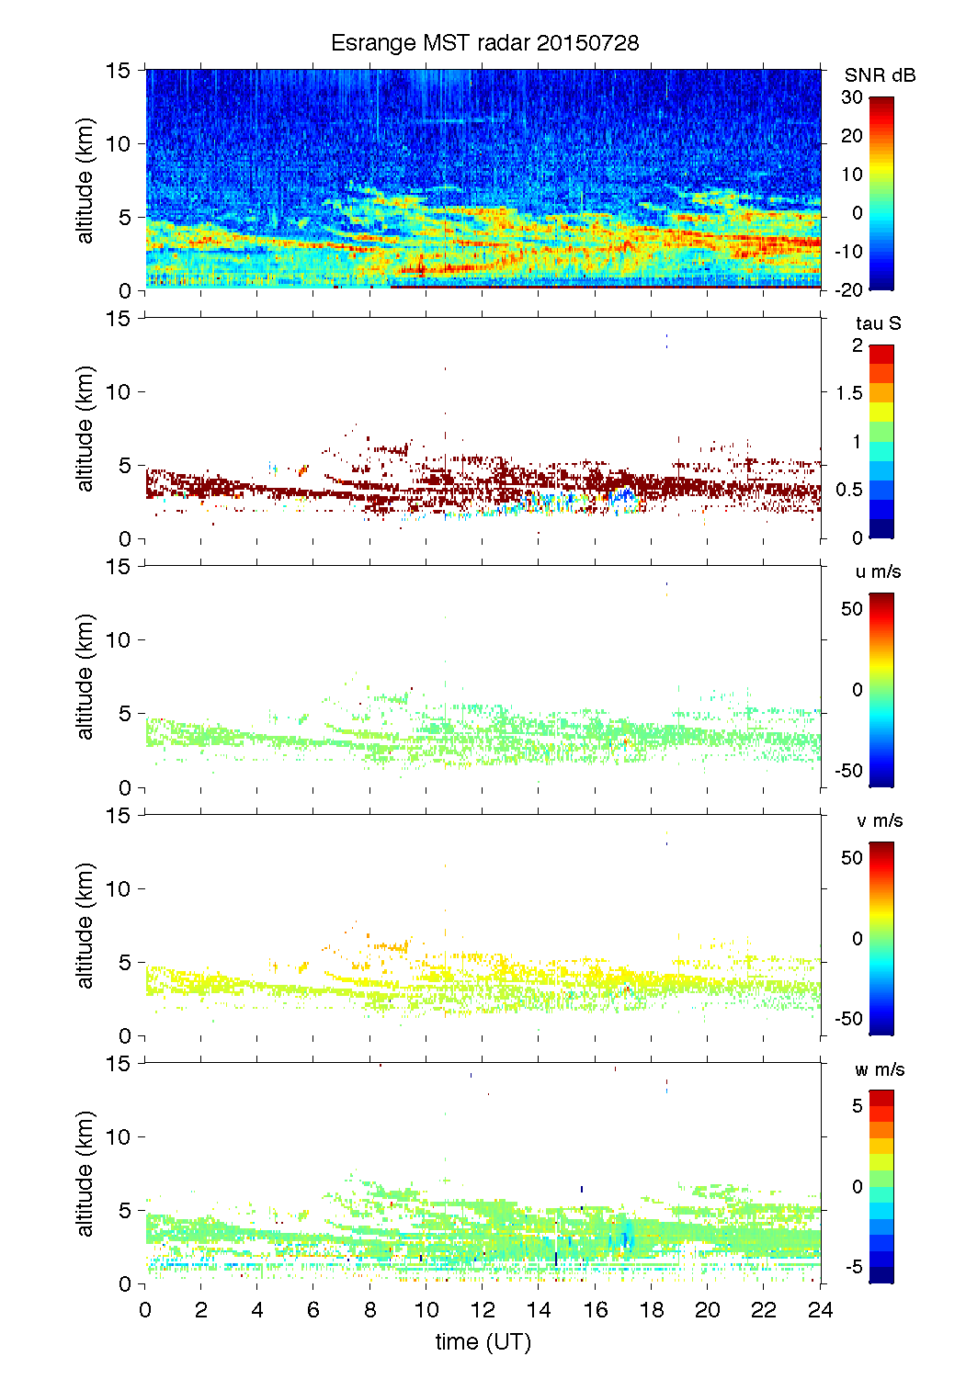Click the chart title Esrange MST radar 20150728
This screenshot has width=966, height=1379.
[484, 43]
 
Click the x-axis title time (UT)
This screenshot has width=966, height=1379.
[483, 1342]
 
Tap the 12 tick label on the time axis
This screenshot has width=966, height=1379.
[483, 1310]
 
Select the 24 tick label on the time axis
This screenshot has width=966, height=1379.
[820, 1310]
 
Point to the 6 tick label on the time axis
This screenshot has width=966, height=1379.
[313, 1310]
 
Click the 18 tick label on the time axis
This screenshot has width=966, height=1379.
[651, 1310]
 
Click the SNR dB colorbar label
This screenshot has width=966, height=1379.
[880, 75]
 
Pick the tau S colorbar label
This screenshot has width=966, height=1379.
[878, 323]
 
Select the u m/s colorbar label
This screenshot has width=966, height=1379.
[878, 571]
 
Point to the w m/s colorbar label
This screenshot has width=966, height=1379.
[880, 1069]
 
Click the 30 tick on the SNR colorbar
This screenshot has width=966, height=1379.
[852, 97]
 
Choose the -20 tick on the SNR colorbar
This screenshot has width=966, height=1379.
[849, 290]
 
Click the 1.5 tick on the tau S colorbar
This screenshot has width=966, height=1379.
[849, 393]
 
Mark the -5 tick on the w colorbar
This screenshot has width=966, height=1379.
[853, 1267]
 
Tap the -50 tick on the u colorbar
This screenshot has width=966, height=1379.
[849, 771]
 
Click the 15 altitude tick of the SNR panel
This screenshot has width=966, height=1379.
[119, 70]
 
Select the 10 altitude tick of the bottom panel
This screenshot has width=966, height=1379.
[119, 1136]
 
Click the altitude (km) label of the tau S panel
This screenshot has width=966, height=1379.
[85, 428]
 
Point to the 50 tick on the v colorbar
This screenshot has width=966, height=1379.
[852, 858]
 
